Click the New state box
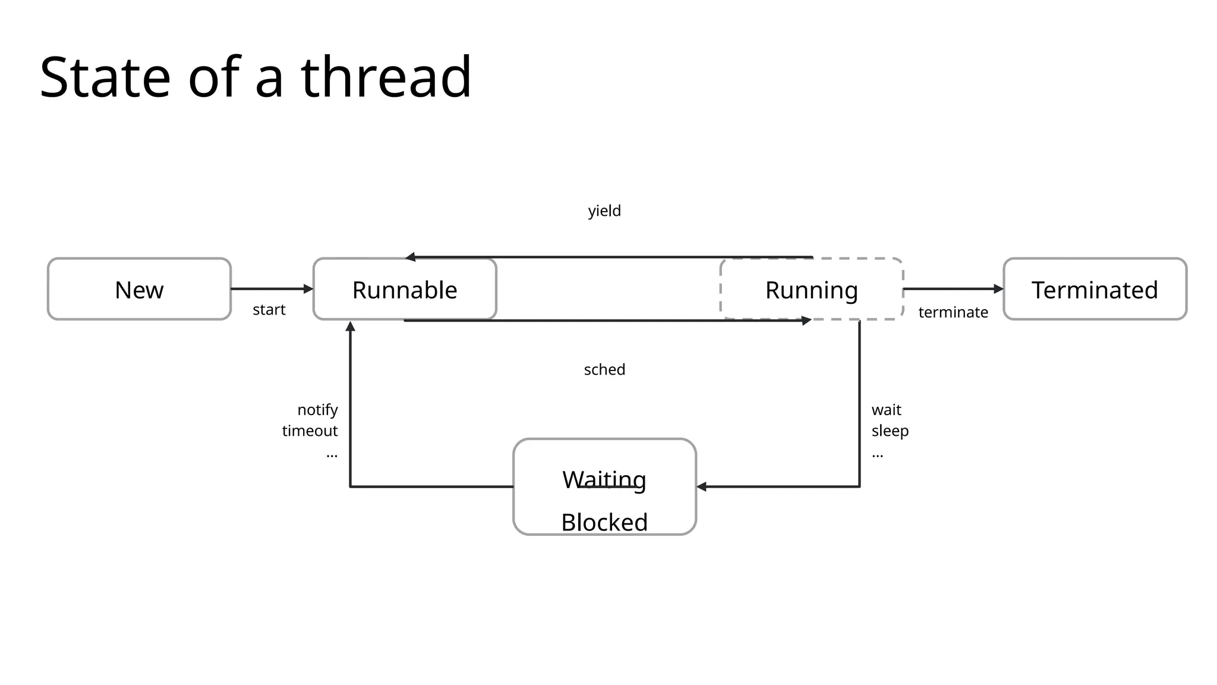pyautogui.click(x=139, y=289)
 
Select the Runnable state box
pyautogui.click(x=405, y=289)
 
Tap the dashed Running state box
pyautogui.click(x=811, y=289)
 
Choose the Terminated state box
pyautogui.click(x=1095, y=289)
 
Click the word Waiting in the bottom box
pyautogui.click(x=604, y=479)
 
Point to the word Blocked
pyautogui.click(x=604, y=522)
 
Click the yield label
pyautogui.click(x=604, y=211)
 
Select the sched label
pyautogui.click(x=604, y=369)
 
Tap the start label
pyautogui.click(x=269, y=309)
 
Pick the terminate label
pyautogui.click(x=953, y=312)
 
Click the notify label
pyautogui.click(x=317, y=410)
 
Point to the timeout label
pyautogui.click(x=310, y=431)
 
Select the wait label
pyautogui.click(x=886, y=410)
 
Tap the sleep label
pyautogui.click(x=890, y=431)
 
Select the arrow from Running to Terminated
pyautogui.click(x=953, y=289)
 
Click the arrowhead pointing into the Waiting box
pyautogui.click(x=702, y=486)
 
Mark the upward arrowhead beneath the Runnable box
pyautogui.click(x=351, y=326)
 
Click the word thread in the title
pyautogui.click(x=386, y=77)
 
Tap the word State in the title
pyautogui.click(x=105, y=77)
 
